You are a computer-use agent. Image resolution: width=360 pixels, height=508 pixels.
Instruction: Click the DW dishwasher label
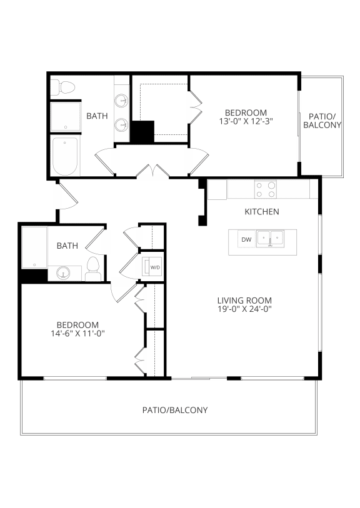247,240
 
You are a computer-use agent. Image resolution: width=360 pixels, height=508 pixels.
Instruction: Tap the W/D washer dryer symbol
152,267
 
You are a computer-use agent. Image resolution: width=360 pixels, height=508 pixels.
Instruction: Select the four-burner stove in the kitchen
266,189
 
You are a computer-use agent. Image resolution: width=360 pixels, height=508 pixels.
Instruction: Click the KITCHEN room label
262,212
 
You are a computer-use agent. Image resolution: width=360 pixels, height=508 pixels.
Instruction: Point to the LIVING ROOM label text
244,301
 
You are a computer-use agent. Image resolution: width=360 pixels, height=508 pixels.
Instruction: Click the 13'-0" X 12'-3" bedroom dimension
246,121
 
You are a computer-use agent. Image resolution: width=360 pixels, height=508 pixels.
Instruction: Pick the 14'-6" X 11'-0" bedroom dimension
77,334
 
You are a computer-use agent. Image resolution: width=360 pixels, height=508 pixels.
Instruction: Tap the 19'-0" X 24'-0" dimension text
244,309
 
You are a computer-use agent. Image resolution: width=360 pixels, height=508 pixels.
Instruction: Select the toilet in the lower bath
93,269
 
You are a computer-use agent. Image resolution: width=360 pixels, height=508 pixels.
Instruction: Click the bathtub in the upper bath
65,156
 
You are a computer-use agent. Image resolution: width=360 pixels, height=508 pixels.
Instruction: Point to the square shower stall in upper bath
66,117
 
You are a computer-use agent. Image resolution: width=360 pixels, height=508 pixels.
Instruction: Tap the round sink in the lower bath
63,273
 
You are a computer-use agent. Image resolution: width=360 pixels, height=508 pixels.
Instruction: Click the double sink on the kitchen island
270,239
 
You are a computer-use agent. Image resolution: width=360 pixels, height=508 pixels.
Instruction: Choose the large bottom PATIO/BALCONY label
175,410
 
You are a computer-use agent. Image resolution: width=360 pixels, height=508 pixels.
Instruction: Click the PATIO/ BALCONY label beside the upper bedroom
322,121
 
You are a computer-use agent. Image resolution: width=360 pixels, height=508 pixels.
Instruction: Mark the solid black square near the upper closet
142,131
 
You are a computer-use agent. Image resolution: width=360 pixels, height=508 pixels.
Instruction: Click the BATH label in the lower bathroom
67,246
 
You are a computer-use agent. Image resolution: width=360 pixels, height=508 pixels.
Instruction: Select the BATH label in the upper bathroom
97,116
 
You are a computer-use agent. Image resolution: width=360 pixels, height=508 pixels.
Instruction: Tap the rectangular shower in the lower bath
34,247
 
